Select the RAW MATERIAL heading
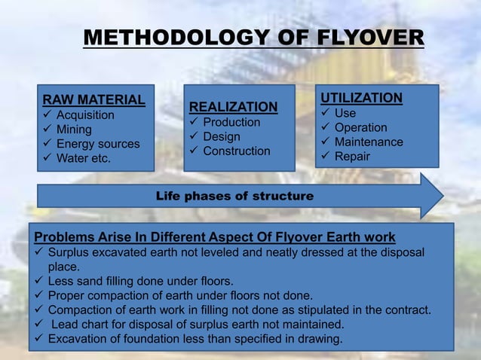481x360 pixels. pyautogui.click(x=93, y=100)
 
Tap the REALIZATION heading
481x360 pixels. pyautogui.click(x=233, y=107)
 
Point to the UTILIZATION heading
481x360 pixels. pyautogui.click(x=361, y=98)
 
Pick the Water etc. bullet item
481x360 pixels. pyautogui.click(x=83, y=158)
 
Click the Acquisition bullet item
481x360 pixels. pyautogui.click(x=85, y=115)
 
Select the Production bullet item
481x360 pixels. pyautogui.click(x=231, y=122)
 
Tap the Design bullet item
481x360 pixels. pyautogui.click(x=222, y=136)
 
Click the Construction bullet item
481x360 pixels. pyautogui.click(x=236, y=151)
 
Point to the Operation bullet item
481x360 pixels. pyautogui.click(x=360, y=127)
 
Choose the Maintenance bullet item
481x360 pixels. pyautogui.click(x=369, y=142)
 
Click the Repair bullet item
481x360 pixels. pyautogui.click(x=352, y=156)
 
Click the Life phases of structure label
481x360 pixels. pyautogui.click(x=234, y=196)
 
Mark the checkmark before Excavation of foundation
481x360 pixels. pyautogui.click(x=40, y=338)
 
